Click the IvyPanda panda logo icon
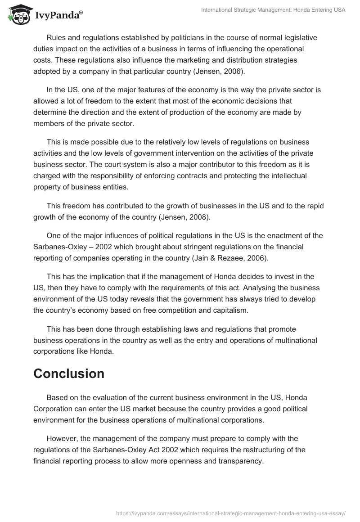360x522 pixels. (x=18, y=14)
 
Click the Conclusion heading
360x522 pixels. (x=69, y=373)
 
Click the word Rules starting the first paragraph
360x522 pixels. (x=56, y=37)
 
